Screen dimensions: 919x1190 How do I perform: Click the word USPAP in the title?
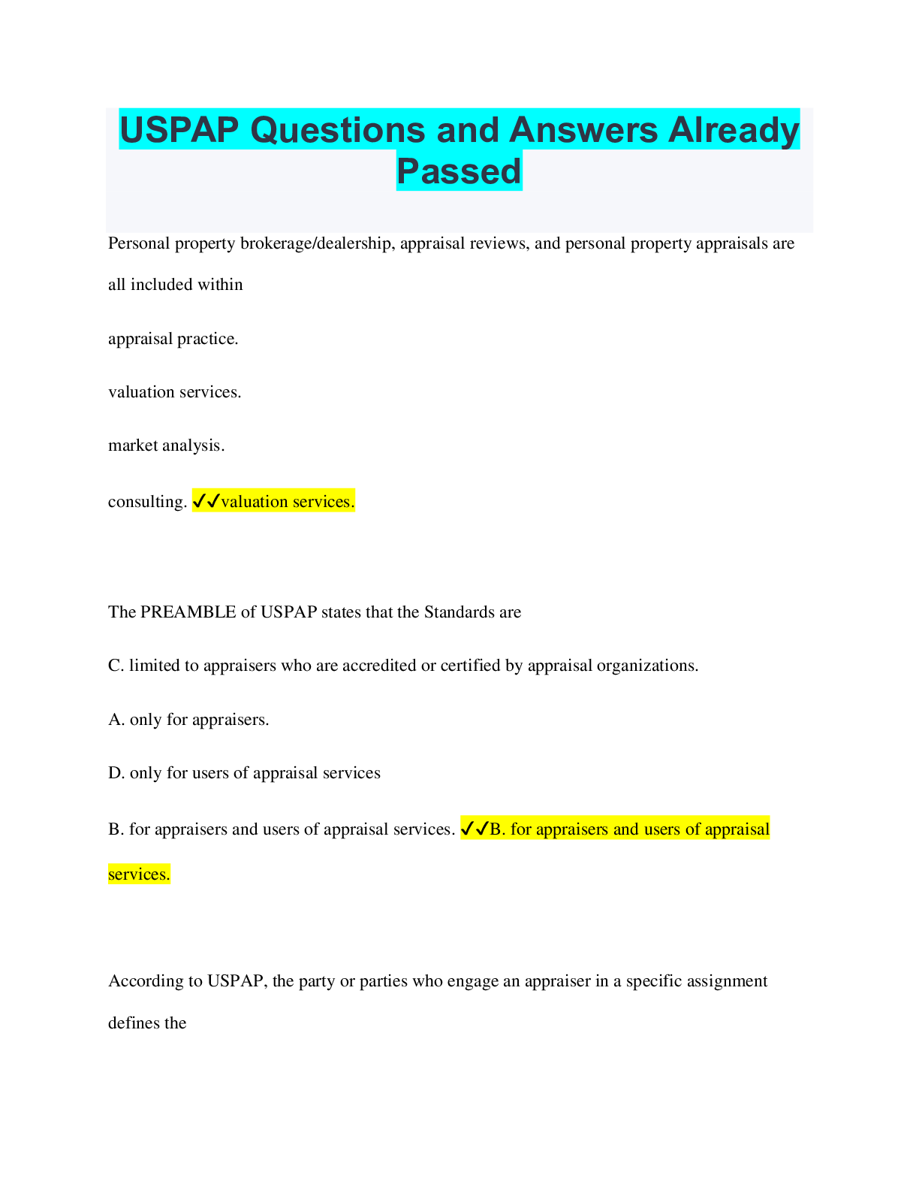point(179,130)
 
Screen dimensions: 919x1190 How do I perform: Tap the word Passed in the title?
point(459,171)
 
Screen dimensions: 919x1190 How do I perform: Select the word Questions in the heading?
point(338,130)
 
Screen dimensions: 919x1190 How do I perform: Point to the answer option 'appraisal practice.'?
point(173,339)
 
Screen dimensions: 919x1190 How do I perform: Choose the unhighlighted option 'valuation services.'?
point(175,392)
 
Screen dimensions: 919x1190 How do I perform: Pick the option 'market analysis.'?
point(167,445)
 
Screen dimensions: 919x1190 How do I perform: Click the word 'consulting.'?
point(148,502)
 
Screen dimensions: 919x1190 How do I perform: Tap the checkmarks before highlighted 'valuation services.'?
point(206,500)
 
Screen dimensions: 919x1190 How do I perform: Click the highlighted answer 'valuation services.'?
point(288,502)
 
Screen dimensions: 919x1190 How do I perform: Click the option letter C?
point(116,666)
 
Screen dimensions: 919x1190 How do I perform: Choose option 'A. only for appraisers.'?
point(188,720)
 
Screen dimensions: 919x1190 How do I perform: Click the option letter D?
point(116,773)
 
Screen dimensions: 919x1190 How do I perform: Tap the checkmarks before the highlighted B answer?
point(475,829)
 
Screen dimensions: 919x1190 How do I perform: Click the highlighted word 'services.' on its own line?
point(139,874)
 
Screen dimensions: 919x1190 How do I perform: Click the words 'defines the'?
point(147,1023)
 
